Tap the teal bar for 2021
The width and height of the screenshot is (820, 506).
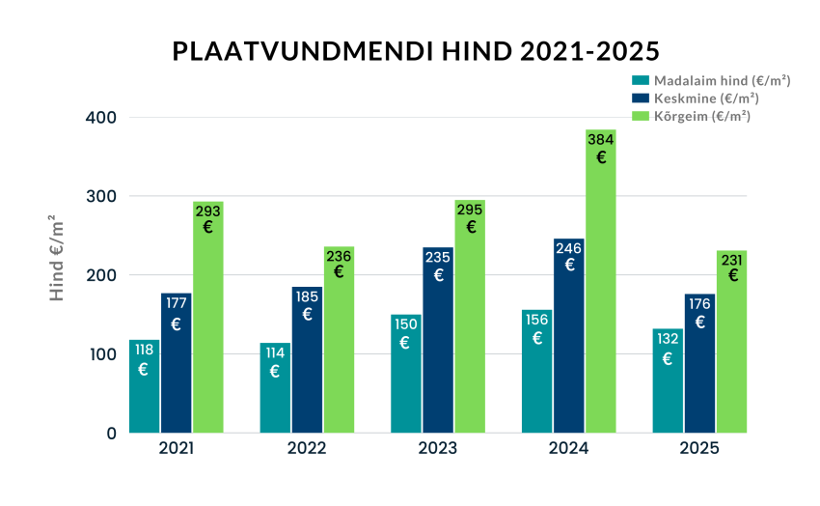pyautogui.click(x=145, y=386)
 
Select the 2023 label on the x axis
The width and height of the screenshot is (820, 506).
pyautogui.click(x=437, y=449)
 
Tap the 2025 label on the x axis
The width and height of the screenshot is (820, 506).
pyautogui.click(x=699, y=449)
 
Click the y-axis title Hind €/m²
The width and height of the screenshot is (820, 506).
pyautogui.click(x=58, y=258)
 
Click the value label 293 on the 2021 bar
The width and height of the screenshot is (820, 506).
pyautogui.click(x=208, y=210)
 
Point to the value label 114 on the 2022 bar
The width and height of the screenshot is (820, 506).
pyautogui.click(x=274, y=351)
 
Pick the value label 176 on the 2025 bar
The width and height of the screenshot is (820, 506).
pyautogui.click(x=700, y=302)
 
